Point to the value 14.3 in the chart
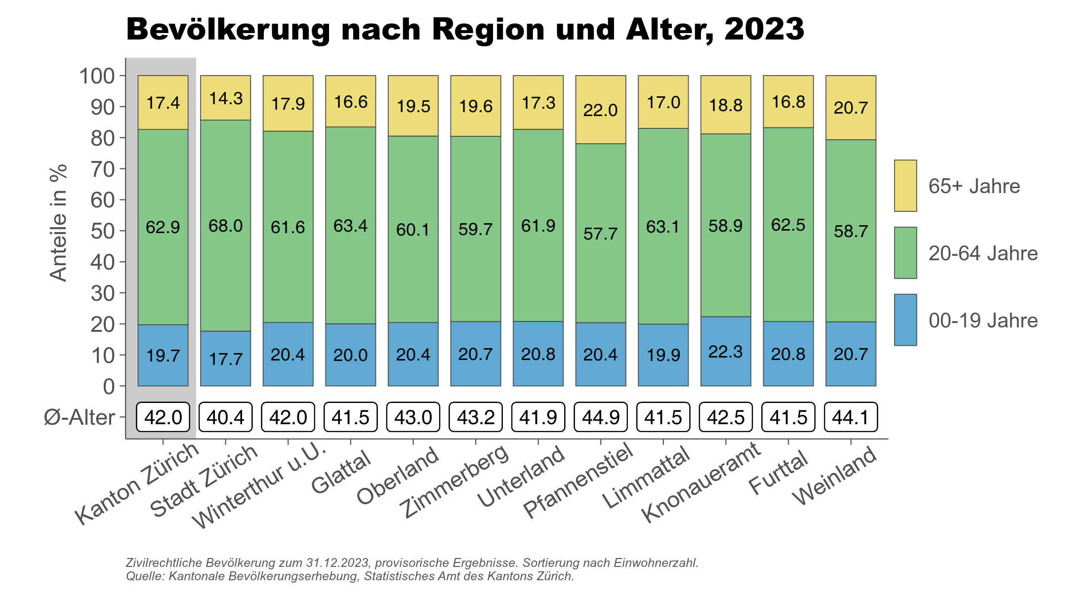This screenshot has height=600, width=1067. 226,98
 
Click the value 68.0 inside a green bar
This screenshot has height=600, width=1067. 226,226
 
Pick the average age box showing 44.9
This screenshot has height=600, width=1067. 601,417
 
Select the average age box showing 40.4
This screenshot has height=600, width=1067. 226,417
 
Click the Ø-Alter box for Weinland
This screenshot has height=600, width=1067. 851,417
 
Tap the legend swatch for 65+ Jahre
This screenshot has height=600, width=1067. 905,186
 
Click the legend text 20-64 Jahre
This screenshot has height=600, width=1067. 983,253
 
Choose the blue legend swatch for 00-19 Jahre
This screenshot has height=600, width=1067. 905,320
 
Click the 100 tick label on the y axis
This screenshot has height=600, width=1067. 97,76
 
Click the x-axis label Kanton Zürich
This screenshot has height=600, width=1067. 137,483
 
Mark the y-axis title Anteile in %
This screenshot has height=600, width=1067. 58,223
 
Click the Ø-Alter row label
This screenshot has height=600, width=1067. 79,417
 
